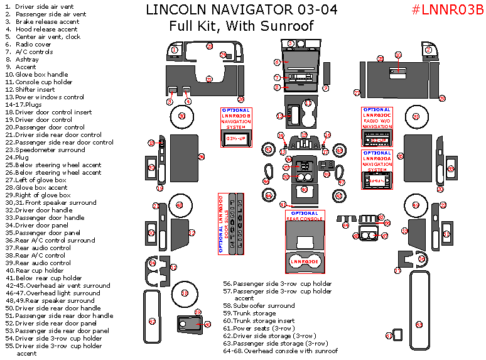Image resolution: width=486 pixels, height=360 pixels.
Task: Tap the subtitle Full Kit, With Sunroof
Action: tap(241, 26)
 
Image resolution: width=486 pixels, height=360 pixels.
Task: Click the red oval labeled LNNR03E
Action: tap(305, 259)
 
